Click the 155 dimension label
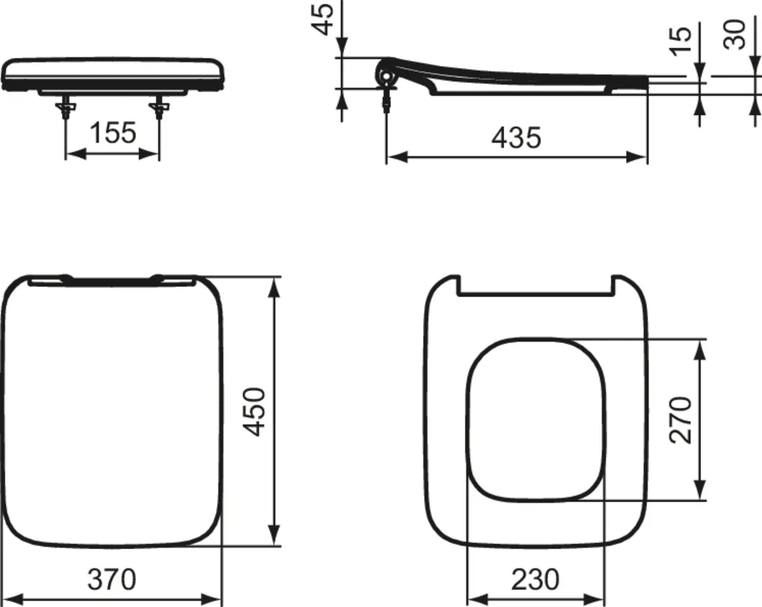112,133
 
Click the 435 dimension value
516,138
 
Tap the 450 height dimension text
255,411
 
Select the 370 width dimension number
112,578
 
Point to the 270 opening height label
681,419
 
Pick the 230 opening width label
535,578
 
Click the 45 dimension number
325,19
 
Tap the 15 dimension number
681,42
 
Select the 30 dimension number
736,35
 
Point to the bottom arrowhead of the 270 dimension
700,490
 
